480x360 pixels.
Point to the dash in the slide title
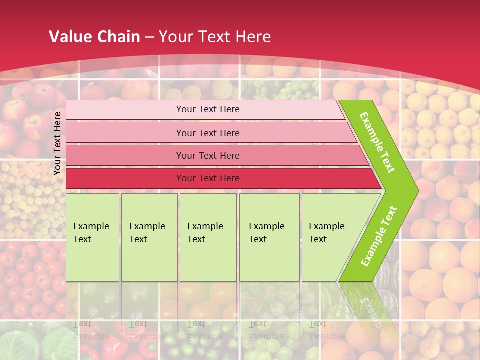point(150,37)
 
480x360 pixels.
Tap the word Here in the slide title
point(253,37)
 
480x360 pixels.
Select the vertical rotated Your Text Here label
point(57,143)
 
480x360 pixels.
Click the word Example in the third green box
point(205,226)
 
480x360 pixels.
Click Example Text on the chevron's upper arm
point(377,142)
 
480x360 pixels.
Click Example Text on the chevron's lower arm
point(378,236)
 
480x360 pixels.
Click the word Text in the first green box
point(82,239)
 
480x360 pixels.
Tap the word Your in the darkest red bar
point(185,178)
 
